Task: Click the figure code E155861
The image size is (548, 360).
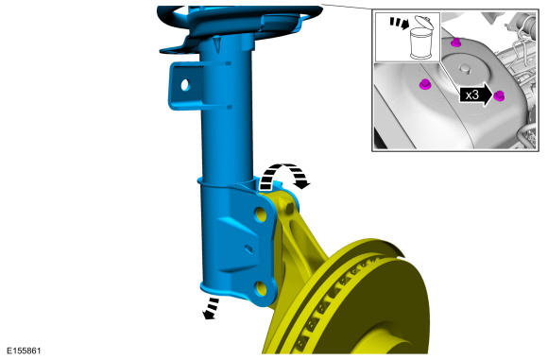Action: [25, 351]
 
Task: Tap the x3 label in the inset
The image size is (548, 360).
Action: [471, 94]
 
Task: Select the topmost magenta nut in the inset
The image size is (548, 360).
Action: [455, 43]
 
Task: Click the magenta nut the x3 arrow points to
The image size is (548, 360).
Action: [499, 95]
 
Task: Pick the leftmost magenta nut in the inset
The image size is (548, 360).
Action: [424, 84]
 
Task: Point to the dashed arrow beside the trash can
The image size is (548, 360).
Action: [400, 23]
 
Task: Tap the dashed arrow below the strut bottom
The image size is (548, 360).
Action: [211, 308]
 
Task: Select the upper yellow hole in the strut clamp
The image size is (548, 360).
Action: [261, 214]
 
